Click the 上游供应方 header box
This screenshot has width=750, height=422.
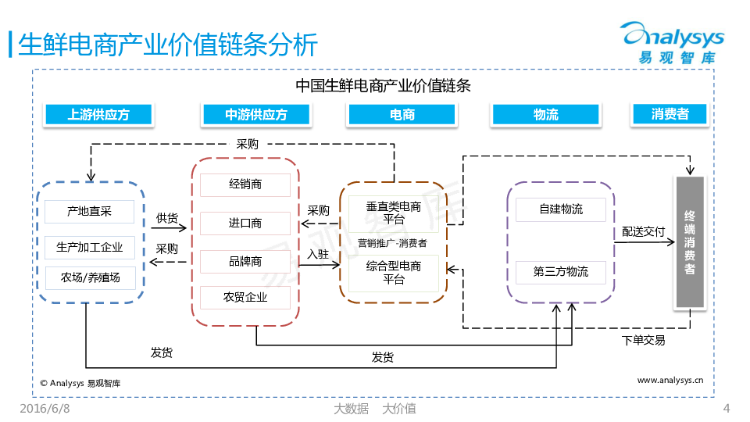coord(98,115)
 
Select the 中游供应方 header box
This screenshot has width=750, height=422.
coord(256,115)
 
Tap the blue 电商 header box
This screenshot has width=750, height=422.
coord(402,115)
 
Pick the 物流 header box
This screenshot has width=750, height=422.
coord(546,115)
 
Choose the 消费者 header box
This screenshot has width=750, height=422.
coord(670,114)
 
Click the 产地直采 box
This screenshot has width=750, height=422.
coord(89,211)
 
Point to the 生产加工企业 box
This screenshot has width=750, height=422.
coord(89,248)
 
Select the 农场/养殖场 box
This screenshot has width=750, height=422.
coord(89,277)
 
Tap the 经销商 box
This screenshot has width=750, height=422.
coord(245,184)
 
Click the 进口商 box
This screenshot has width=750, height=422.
coord(245,223)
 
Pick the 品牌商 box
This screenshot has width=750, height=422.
coord(245,261)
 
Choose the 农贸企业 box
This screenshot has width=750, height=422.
coord(245,297)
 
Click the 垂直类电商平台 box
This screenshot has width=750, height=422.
coord(394,213)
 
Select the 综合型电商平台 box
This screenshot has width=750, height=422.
coord(394,272)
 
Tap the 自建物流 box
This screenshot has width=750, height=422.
coord(560,209)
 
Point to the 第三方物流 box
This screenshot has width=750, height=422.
coord(560,272)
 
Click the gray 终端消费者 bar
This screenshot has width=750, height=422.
coord(690,241)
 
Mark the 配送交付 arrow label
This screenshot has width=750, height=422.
coord(643,232)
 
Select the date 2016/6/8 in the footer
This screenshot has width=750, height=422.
coord(45,409)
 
